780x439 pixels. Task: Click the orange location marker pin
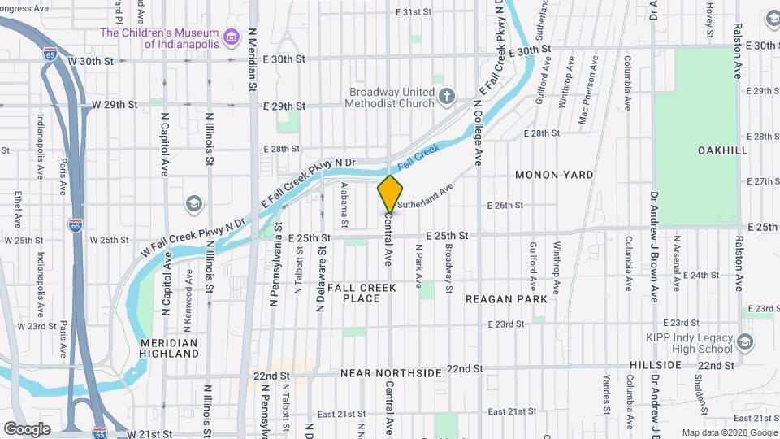click(x=390, y=193)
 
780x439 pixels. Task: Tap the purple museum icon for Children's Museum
click(x=232, y=37)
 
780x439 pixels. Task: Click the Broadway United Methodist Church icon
click(x=446, y=98)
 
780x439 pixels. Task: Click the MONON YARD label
click(x=554, y=175)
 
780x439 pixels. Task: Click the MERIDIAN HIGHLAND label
click(x=169, y=348)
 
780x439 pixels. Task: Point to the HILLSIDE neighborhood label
click(x=655, y=366)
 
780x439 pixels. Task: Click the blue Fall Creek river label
click(x=419, y=150)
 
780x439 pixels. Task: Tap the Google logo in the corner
click(x=28, y=428)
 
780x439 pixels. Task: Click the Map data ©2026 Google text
click(x=729, y=433)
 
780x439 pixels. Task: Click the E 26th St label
click(x=505, y=206)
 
